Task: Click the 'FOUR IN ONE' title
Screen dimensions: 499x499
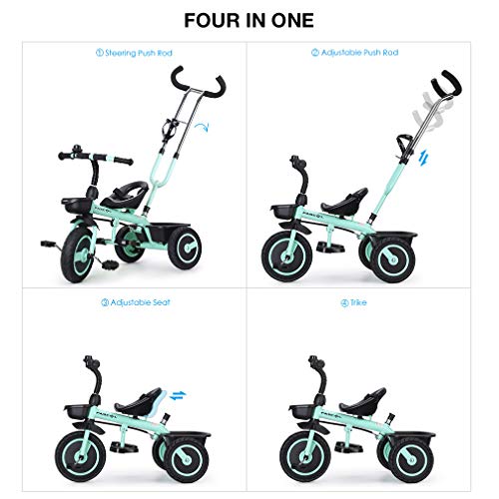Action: pos(249,21)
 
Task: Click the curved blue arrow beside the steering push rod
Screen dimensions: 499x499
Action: pos(202,127)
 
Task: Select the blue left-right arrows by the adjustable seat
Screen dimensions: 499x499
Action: pos(178,395)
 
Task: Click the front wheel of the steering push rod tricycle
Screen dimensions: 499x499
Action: pos(78,255)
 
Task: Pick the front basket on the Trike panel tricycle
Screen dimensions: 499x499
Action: pos(302,412)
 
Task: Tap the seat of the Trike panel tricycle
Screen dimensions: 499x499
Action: pos(363,403)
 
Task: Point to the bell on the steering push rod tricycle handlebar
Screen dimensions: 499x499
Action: pos(77,149)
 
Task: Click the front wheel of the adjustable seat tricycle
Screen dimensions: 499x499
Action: pos(80,455)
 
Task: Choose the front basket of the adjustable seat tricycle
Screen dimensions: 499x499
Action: pos(77,412)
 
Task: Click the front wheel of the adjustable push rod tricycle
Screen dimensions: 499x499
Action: pos(287,256)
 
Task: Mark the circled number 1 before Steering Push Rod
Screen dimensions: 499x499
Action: pos(100,53)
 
